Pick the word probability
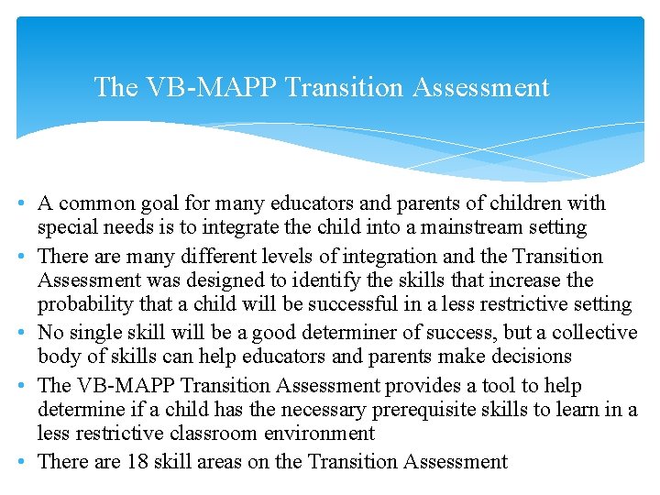88,304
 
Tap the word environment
316,434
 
